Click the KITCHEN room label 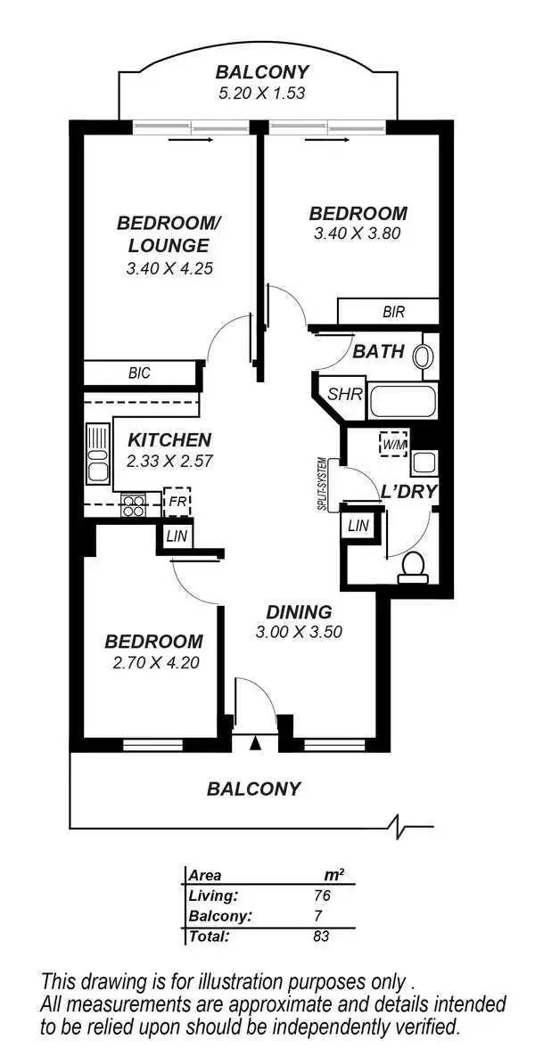coord(169,439)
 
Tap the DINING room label coord(300,612)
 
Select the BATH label coord(378,352)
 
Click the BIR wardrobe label coord(393,312)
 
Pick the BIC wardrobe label coord(139,373)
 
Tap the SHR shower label coord(343,394)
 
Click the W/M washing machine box coord(391,443)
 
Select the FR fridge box coord(177,501)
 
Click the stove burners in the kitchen coord(134,505)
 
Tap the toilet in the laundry coord(414,567)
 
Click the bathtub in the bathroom coord(402,402)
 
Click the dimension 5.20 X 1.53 coord(261,92)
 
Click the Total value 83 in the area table coord(318,936)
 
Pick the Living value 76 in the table coord(318,896)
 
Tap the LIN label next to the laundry coord(358,526)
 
